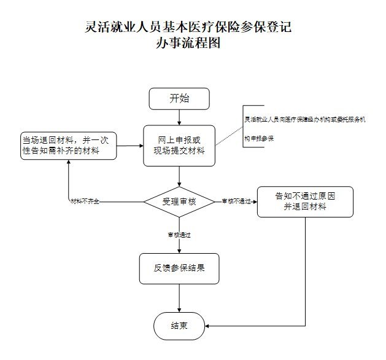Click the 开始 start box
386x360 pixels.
[179, 98]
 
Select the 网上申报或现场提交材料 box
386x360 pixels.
[179, 146]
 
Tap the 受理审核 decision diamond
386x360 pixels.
[179, 201]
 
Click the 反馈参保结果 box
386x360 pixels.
[179, 268]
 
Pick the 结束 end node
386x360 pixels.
[179, 325]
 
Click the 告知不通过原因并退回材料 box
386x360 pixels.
[305, 202]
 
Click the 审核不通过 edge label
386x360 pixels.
[237, 202]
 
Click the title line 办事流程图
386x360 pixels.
[188, 44]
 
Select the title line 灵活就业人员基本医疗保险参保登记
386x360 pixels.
[188, 28]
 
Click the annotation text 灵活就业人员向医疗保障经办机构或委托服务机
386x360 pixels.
[304, 120]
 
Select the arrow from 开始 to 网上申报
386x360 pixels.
[179, 117]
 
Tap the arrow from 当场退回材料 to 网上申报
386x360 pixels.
[130, 146]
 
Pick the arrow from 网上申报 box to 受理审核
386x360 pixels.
[179, 176]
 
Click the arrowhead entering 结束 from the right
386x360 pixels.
[207, 325]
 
